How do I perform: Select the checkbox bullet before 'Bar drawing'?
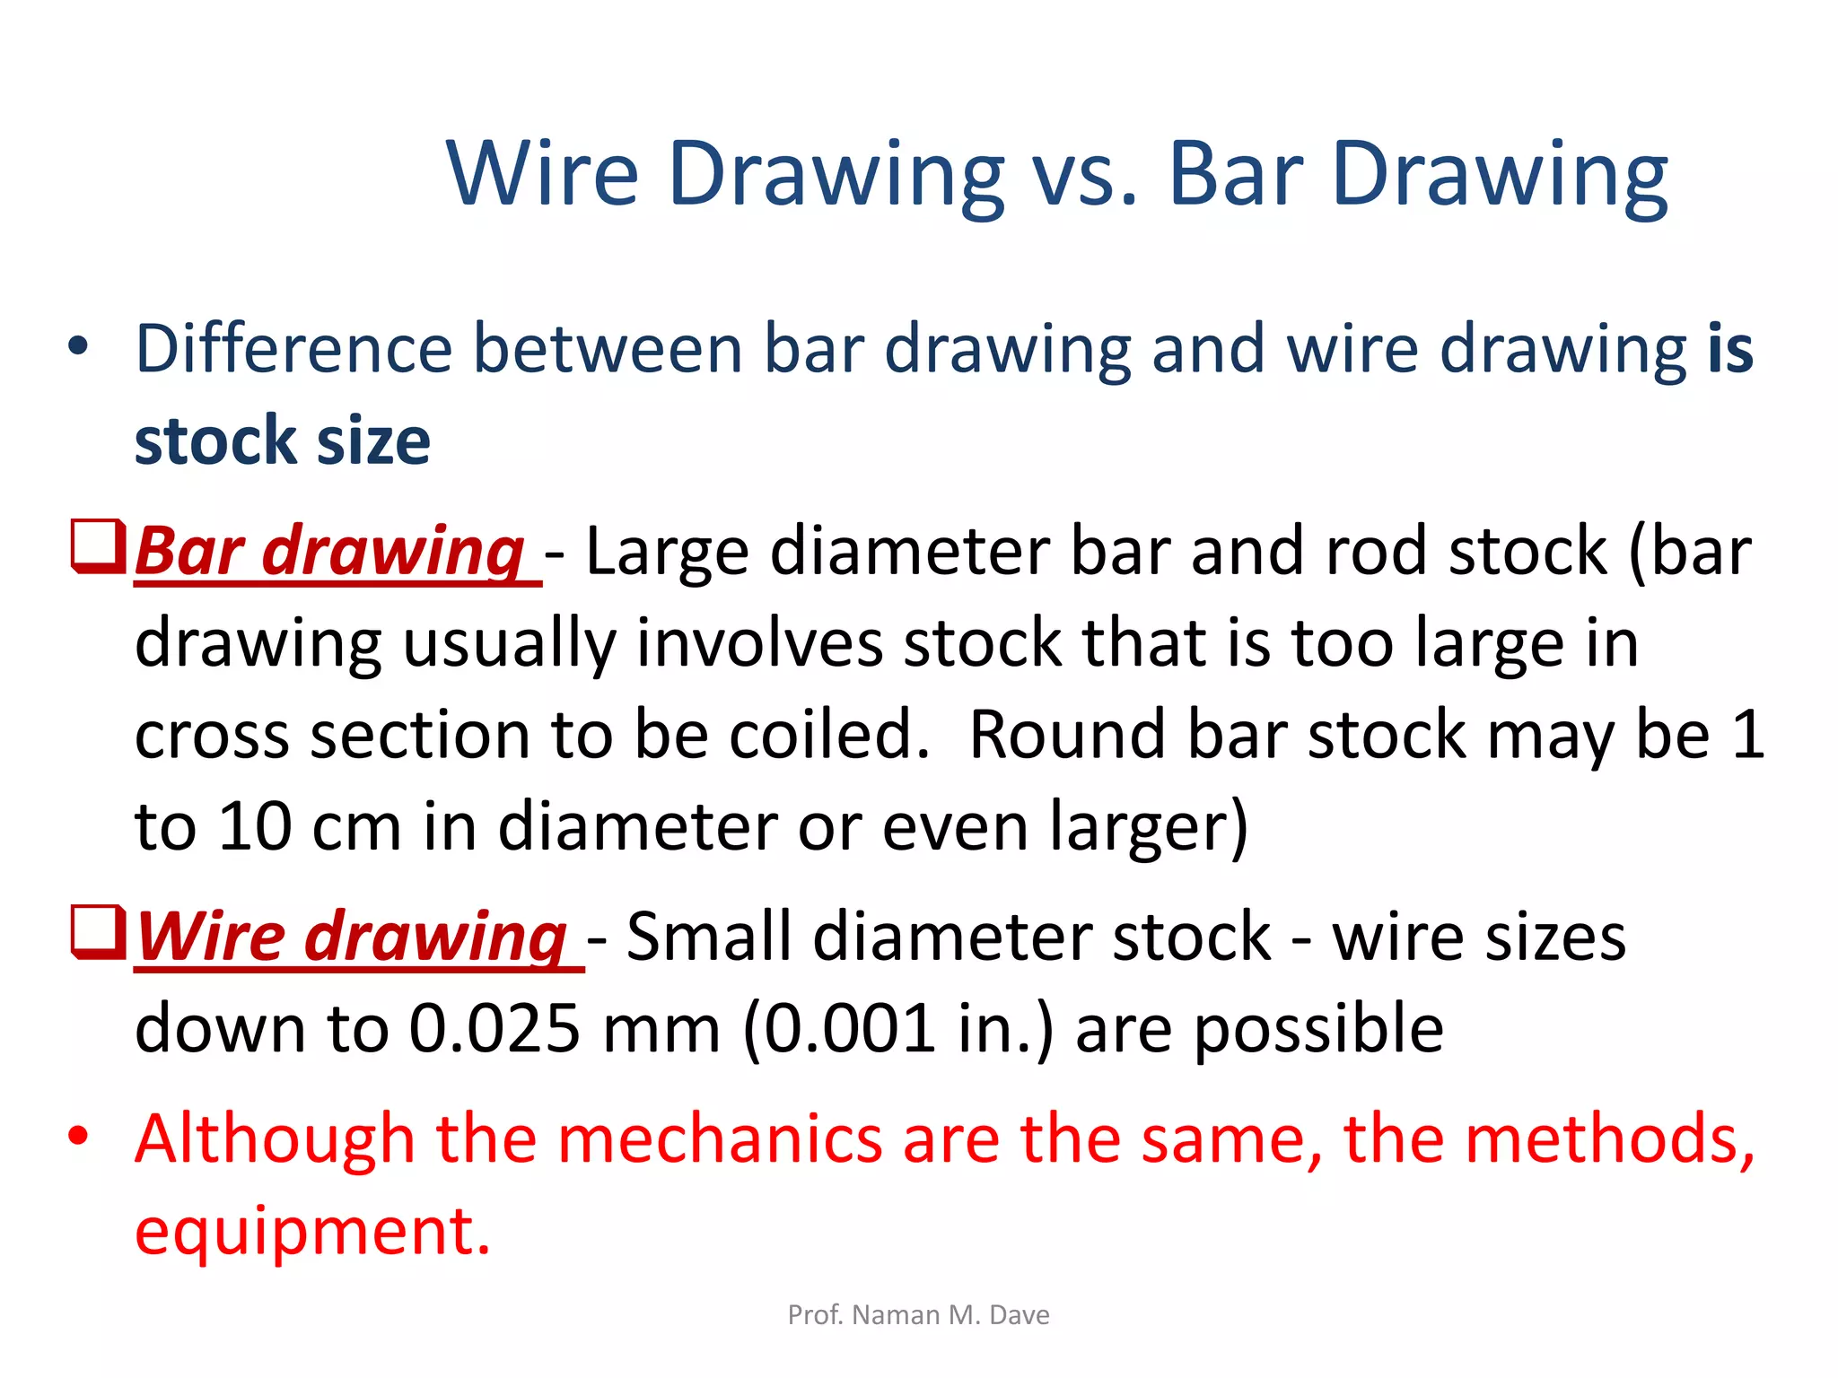click(x=97, y=545)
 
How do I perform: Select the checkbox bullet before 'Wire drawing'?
click(x=97, y=932)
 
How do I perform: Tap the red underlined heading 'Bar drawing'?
click(x=329, y=551)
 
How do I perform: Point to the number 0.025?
click(x=495, y=1029)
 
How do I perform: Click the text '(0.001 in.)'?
click(x=897, y=1029)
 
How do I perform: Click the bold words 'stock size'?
click(x=283, y=441)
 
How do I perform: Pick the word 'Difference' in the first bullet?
click(x=293, y=350)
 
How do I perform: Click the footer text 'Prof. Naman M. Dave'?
click(x=918, y=1315)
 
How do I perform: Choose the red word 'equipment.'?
click(x=313, y=1231)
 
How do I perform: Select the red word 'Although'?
click(x=275, y=1139)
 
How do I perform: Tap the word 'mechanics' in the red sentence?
click(x=720, y=1139)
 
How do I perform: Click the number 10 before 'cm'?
click(x=255, y=827)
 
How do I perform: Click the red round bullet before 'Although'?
click(x=79, y=1137)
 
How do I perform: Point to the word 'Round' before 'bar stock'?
click(x=1067, y=736)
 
